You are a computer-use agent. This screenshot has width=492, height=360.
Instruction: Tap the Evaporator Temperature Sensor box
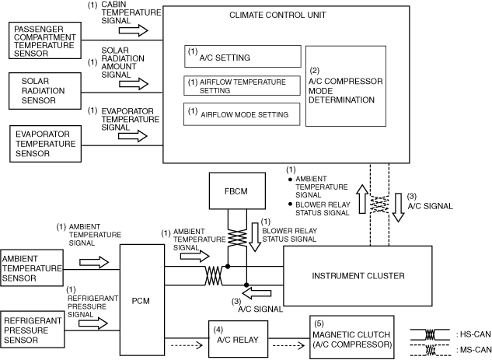[46, 144]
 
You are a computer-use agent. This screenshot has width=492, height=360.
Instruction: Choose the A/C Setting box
[241, 57]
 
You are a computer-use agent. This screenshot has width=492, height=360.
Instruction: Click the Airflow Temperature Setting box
[241, 86]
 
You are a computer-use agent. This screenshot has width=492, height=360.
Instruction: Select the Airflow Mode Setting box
[241, 114]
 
